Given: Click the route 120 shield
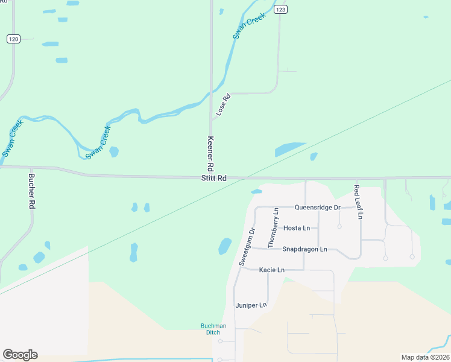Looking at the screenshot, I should [x=14, y=39].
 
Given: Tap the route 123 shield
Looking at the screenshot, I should [x=280, y=10].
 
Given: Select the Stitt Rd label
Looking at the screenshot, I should [x=214, y=179].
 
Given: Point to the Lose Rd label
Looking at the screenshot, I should [x=223, y=104].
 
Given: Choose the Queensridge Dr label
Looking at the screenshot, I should [x=318, y=208].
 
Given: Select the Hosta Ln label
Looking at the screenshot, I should [x=296, y=228].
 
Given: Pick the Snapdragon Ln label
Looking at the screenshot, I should [x=304, y=249].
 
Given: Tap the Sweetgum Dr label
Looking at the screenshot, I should [x=247, y=247].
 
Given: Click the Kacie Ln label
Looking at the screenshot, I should [x=271, y=270].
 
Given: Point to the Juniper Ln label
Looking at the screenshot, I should [x=251, y=305].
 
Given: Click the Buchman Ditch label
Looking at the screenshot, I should [x=213, y=329].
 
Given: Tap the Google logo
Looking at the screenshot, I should [x=20, y=355].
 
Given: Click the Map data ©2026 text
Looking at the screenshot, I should [x=425, y=357].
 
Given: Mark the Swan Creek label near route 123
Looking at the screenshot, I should [x=249, y=27].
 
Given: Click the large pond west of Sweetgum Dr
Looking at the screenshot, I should [x=224, y=246].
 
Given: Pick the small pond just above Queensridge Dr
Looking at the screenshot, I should [x=256, y=192].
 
